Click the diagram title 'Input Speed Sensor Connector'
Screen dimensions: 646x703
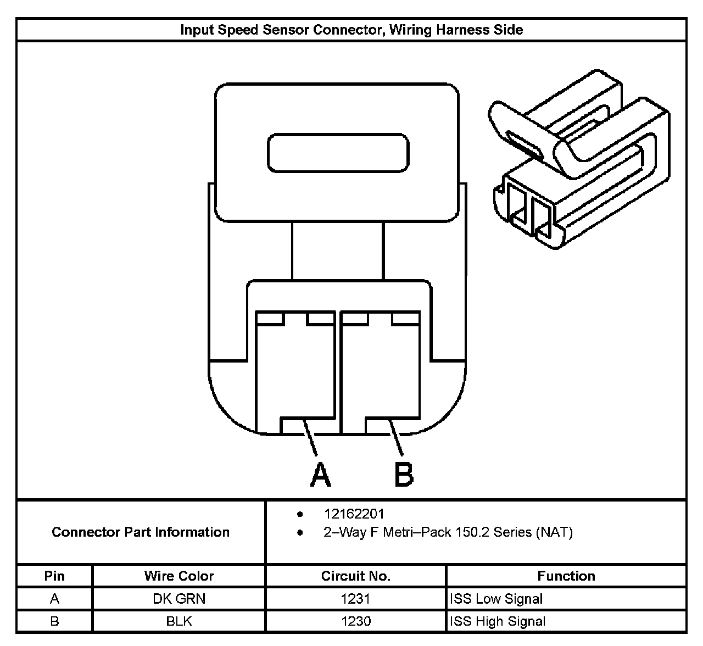tap(351, 30)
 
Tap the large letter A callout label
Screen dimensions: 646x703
tap(320, 475)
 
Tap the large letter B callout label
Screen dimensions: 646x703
tap(404, 475)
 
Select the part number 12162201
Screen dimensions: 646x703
tap(354, 514)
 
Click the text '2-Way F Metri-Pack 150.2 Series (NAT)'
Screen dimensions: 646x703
tap(448, 532)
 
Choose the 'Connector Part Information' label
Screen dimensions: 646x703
tap(141, 532)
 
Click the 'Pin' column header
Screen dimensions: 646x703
tap(54, 576)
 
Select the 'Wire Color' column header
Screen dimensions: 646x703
tap(179, 576)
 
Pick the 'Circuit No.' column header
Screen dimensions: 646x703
tap(355, 576)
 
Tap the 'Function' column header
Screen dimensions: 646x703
tap(566, 576)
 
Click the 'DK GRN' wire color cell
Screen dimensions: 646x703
tap(179, 599)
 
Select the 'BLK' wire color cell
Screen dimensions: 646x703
tap(179, 621)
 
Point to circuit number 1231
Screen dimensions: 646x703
tap(355, 599)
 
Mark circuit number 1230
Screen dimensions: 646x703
tap(355, 621)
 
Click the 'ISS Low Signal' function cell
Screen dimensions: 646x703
tap(496, 599)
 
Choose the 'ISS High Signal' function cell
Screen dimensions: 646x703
tap(498, 621)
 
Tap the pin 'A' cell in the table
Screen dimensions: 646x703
tap(54, 599)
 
